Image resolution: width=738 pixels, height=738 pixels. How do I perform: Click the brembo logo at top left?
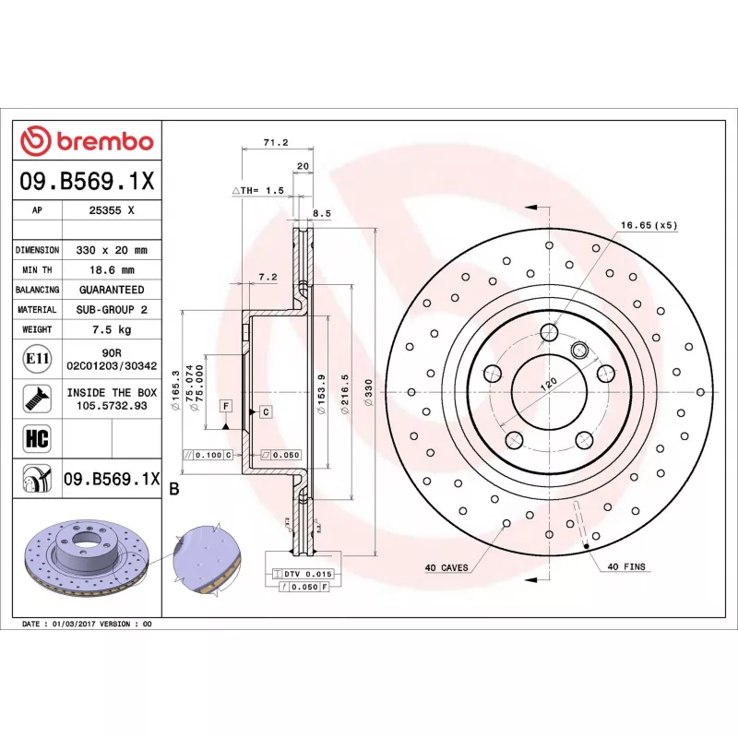point(87,141)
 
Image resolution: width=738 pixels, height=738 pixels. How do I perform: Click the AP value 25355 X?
point(112,210)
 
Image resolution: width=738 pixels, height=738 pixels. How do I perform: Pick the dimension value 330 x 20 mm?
point(112,250)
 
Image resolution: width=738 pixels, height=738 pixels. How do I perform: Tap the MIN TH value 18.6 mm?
point(112,270)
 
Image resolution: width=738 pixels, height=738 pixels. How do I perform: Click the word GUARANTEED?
point(112,290)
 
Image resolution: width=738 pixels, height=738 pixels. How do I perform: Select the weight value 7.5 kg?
point(112,329)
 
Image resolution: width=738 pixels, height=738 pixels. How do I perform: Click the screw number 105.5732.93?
point(112,405)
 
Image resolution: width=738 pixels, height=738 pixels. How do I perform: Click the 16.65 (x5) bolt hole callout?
point(649,224)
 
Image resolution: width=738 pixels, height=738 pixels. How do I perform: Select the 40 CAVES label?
point(446,567)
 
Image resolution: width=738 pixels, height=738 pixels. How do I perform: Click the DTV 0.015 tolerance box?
point(302,574)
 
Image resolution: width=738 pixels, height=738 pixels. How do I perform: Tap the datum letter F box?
point(224,406)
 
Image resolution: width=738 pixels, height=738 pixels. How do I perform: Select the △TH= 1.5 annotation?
point(257,190)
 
